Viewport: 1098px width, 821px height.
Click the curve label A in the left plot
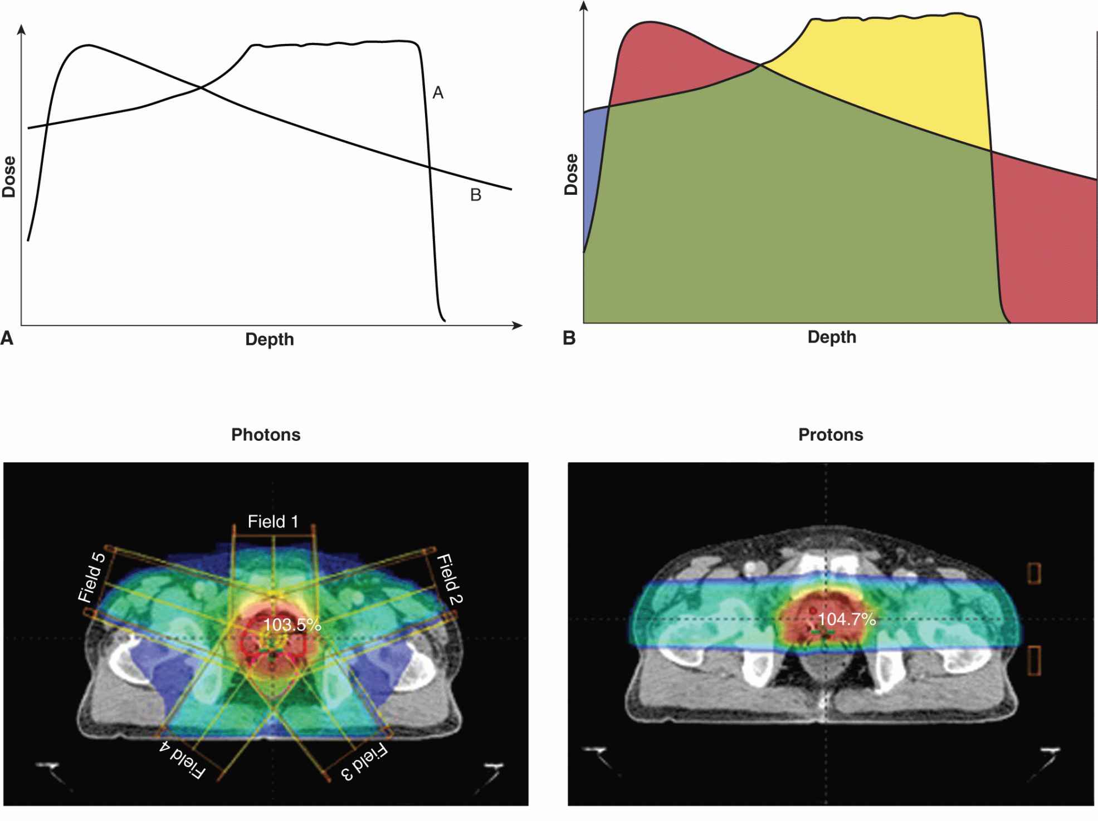pyautogui.click(x=438, y=93)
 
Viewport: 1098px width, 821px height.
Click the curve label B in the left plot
pyautogui.click(x=475, y=195)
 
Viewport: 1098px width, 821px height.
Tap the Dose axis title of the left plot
pyautogui.click(x=9, y=177)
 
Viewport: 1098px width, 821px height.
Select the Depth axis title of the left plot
pyautogui.click(x=269, y=340)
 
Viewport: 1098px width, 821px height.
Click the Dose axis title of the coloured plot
pyautogui.click(x=571, y=174)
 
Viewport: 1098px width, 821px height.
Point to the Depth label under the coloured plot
pyautogui.click(x=831, y=337)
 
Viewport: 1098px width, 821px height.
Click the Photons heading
pyautogui.click(x=266, y=435)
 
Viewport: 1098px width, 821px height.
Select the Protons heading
pyautogui.click(x=831, y=435)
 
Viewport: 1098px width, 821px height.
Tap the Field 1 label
pyautogui.click(x=273, y=522)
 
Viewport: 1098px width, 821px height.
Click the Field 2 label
pyautogui.click(x=450, y=579)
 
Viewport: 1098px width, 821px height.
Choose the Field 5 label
pyautogui.click(x=92, y=577)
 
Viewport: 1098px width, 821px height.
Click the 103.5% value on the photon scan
pyautogui.click(x=292, y=625)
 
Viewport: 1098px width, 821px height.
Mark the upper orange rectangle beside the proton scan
pyautogui.click(x=1034, y=573)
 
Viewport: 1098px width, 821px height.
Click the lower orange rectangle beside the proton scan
pyautogui.click(x=1034, y=661)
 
